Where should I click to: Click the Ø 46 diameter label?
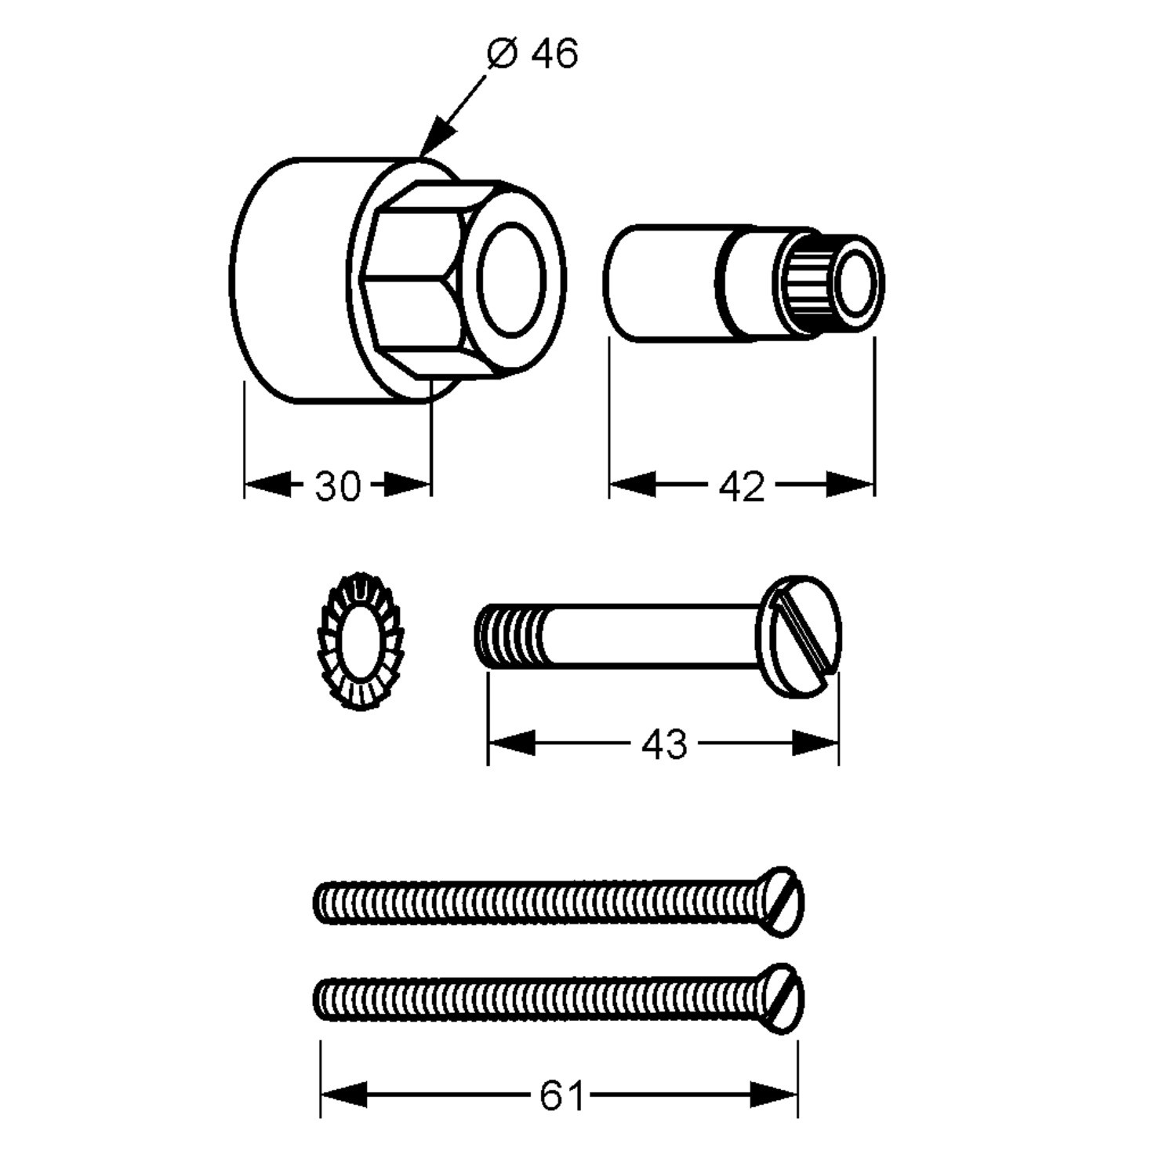pyautogui.click(x=532, y=54)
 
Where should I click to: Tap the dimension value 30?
pyautogui.click(x=337, y=486)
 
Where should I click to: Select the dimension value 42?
pyautogui.click(x=741, y=487)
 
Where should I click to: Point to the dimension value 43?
pyautogui.click(x=663, y=744)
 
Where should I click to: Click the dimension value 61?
pyautogui.click(x=562, y=1095)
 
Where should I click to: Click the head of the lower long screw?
pyautogui.click(x=785, y=999)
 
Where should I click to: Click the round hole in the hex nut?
pyautogui.click(x=511, y=280)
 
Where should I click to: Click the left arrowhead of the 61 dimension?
pyautogui.click(x=343, y=1095)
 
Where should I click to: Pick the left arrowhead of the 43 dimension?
pyautogui.click(x=511, y=743)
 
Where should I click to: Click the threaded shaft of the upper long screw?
pyautogui.click(x=541, y=901)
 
